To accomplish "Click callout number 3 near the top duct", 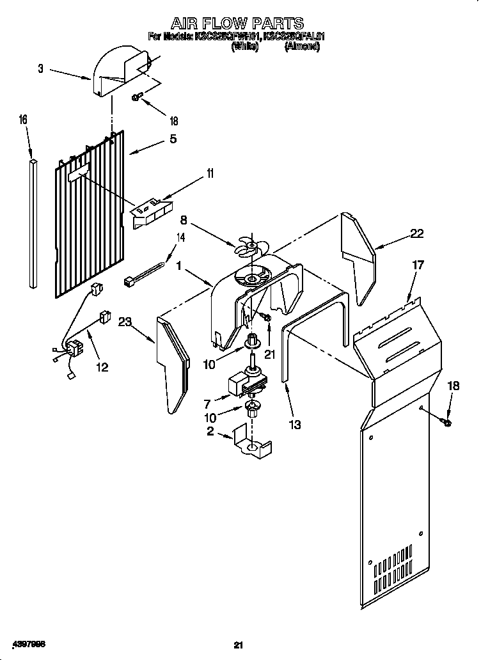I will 41,69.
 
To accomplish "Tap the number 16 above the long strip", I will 23,120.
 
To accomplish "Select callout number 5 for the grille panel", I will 173,138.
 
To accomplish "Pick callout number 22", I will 417,235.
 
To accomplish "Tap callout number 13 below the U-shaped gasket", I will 295,424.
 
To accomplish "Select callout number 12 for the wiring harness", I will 102,367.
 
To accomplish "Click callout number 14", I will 180,238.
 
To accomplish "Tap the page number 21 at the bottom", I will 239,644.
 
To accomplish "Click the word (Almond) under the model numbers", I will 302,47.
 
